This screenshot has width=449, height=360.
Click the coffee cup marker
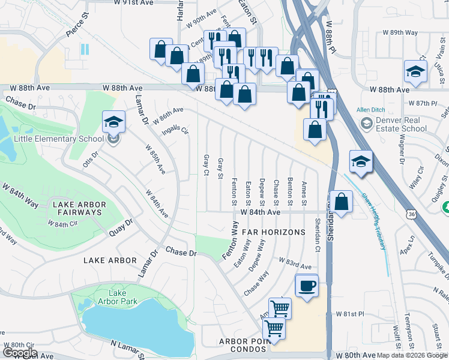coord(307,286)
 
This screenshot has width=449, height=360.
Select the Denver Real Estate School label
coord(402,124)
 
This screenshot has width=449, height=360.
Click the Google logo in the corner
coord(20,353)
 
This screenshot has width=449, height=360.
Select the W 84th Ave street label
coord(261,212)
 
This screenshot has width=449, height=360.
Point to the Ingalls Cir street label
coord(175,130)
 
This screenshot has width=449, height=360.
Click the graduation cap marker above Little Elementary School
coord(114,122)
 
